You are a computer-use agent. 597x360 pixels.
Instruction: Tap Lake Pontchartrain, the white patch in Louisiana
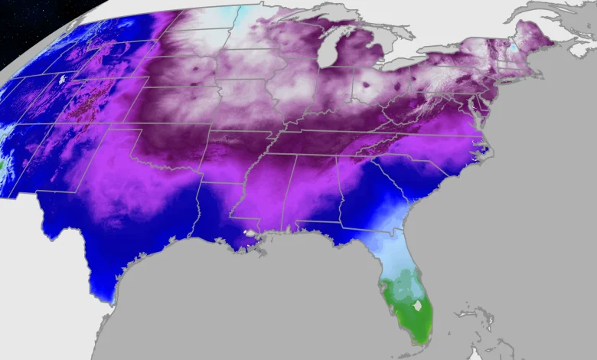click(x=247, y=232)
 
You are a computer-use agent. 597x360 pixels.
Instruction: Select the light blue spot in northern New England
click(x=512, y=47)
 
